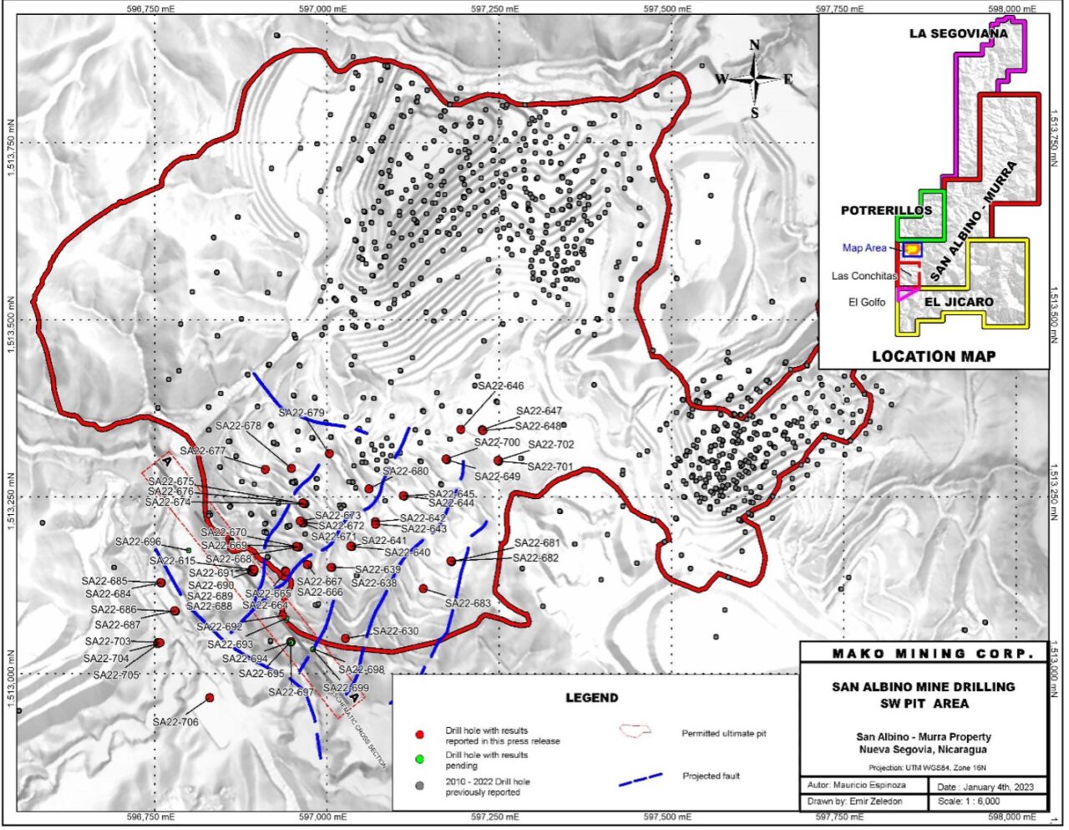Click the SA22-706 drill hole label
click(175, 721)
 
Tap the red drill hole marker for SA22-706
click(210, 697)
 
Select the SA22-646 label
click(501, 386)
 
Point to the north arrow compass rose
click(754, 79)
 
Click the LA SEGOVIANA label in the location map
click(958, 34)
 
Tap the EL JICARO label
click(960, 302)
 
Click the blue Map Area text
click(864, 248)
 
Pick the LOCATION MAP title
click(934, 356)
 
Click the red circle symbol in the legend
click(420, 736)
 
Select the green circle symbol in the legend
click(420, 759)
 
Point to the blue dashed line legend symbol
click(641, 779)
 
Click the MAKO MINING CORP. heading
click(924, 654)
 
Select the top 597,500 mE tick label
click(667, 9)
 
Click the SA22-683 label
click(468, 603)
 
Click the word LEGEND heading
click(592, 697)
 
